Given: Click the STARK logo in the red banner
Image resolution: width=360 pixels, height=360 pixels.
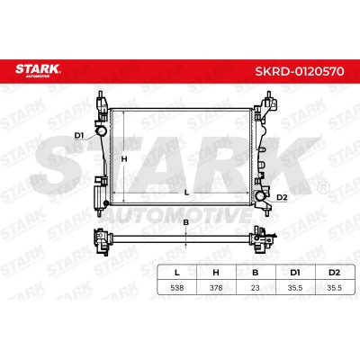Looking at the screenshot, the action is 38,70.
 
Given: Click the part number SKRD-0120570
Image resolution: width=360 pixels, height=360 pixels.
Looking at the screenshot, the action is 299,71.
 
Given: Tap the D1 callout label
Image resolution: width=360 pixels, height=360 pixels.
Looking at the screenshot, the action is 79,136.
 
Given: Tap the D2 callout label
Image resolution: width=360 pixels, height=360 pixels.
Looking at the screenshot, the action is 282,197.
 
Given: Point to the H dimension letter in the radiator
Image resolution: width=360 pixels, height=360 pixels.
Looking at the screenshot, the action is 124,159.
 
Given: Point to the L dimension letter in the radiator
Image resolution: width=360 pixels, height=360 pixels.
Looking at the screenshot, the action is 186,193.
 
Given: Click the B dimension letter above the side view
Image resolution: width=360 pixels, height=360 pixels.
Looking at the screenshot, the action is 186,222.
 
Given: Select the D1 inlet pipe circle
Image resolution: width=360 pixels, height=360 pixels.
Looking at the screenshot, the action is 101,131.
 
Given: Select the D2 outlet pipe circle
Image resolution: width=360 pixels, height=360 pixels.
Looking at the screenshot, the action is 260,196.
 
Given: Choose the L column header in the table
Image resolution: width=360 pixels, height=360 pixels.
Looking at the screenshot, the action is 177,273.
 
